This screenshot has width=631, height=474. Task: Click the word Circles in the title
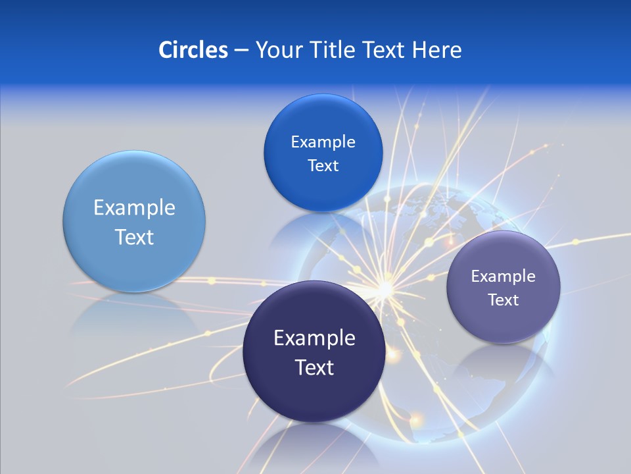(193, 49)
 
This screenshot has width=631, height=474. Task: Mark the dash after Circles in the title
(241, 50)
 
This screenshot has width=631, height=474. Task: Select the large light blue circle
(134, 222)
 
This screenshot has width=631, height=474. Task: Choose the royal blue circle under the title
(323, 153)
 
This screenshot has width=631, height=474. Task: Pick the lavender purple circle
(503, 287)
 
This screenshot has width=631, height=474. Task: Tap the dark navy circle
(314, 352)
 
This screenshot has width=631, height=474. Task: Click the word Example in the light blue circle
(134, 208)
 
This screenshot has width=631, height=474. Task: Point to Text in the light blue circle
(134, 237)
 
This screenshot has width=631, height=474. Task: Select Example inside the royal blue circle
(323, 142)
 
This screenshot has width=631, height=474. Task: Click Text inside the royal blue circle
(323, 165)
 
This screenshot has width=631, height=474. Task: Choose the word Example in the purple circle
(503, 276)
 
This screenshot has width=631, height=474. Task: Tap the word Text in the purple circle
(503, 300)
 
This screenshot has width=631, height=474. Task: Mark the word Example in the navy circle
(314, 338)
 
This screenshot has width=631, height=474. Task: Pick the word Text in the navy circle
(314, 367)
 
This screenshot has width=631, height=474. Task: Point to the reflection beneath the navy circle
(314, 448)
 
